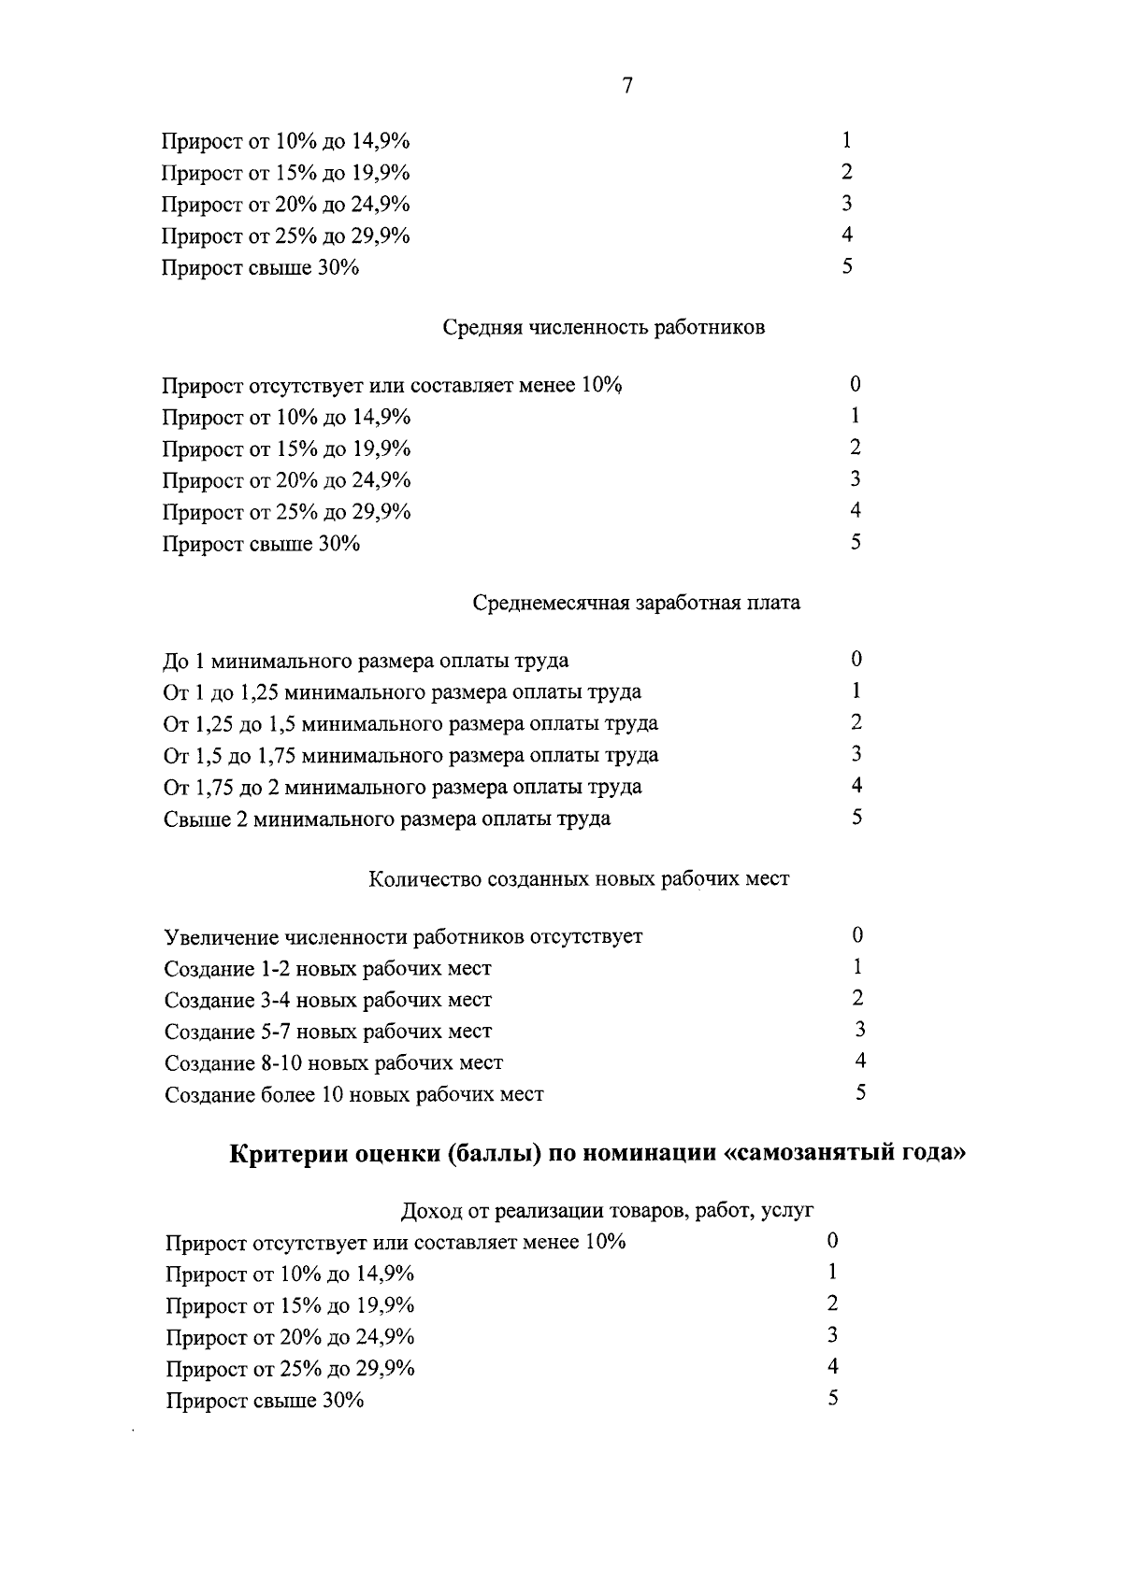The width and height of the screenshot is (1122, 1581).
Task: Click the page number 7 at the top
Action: coord(627,86)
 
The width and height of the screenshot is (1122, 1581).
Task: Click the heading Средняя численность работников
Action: coord(603,328)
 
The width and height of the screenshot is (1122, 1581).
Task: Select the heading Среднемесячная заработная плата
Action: coord(636,603)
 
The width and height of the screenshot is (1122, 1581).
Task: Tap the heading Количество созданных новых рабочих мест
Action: coord(579,879)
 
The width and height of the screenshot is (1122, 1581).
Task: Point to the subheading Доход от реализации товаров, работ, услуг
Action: coord(607,1211)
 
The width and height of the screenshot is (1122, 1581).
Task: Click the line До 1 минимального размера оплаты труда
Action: coord(366,662)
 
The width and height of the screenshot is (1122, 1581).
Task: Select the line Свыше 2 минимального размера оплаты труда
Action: coord(387,819)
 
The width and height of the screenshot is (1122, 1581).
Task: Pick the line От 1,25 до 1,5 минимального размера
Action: coord(410,724)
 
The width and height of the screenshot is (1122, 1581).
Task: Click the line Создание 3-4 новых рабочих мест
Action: coord(328,1001)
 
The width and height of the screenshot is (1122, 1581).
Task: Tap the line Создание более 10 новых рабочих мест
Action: coord(354,1094)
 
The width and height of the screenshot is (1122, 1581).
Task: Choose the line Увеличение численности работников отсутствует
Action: coord(404,937)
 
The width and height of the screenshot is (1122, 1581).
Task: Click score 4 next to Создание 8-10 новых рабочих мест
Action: coord(860,1061)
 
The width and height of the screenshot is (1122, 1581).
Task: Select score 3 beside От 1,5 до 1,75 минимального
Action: coord(856,753)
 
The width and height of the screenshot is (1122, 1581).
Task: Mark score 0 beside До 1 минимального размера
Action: coord(856,660)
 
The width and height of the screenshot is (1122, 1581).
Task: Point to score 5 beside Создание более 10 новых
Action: coord(860,1092)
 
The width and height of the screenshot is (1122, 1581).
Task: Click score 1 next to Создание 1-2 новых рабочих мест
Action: coord(857,967)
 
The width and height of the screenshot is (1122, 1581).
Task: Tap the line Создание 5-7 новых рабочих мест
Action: coord(328,1032)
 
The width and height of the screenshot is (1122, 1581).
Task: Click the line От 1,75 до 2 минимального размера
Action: coord(403,787)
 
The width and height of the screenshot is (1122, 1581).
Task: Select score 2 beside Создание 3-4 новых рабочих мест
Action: coord(858,998)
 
